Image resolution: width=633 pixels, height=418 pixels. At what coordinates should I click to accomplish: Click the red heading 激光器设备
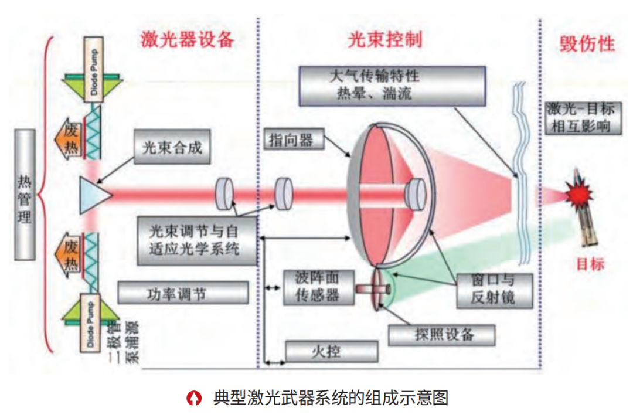tap(187, 40)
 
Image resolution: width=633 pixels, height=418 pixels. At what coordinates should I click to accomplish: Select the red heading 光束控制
tap(384, 40)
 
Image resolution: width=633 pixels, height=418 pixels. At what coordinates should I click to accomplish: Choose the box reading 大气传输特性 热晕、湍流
tap(392, 85)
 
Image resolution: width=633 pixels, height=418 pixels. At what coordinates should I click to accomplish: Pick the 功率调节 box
tap(182, 293)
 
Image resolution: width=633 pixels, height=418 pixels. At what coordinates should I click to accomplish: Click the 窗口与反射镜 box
tap(493, 290)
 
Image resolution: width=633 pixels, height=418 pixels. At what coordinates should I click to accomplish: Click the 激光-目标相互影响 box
tap(583, 116)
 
